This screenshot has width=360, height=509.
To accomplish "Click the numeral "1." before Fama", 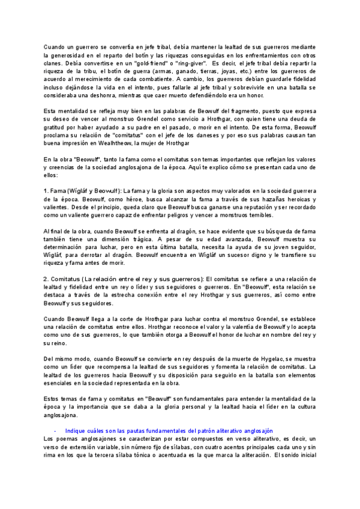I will pos(47,191).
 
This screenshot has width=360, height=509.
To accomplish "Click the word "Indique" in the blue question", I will pos(76,431).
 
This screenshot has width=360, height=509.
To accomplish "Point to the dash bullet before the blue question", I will pos(55,431).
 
